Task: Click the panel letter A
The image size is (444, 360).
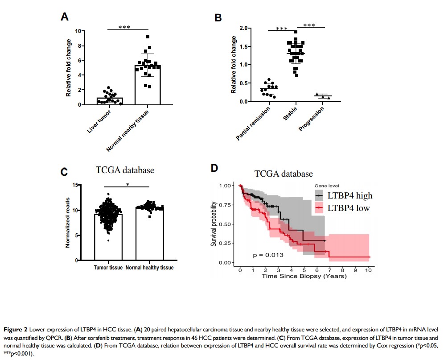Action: [65, 17]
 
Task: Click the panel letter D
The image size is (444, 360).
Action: [214, 168]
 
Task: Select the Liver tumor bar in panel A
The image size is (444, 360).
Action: [109, 101]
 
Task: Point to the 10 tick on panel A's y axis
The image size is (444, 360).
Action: [78, 31]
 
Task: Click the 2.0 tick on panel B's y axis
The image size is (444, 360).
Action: [243, 28]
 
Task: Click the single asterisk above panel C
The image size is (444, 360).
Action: [127, 184]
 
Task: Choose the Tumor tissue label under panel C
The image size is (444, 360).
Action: [108, 268]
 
